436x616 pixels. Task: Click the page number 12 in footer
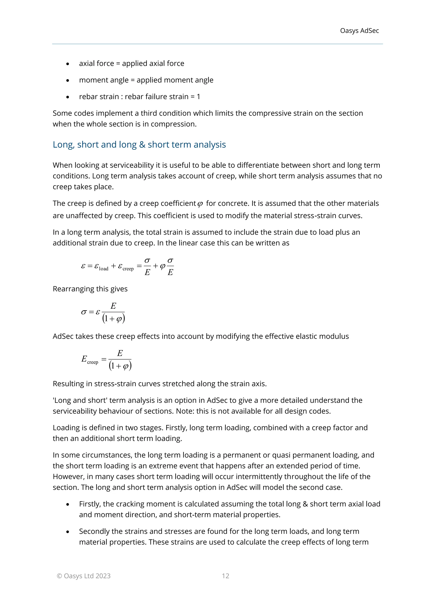point(225,576)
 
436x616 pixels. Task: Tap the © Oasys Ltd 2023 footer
point(83,576)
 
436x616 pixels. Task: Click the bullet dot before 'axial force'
point(68,64)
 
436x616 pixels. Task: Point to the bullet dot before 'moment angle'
point(68,80)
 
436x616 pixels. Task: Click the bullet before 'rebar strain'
point(68,97)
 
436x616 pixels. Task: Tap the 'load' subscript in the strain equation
point(104,269)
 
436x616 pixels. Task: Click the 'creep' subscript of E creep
point(93,362)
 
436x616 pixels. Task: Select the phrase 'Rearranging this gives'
point(90,289)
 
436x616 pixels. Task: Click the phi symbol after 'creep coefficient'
point(200,204)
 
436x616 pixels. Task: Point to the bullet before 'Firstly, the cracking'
point(68,504)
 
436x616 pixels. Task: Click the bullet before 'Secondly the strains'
point(68,532)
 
